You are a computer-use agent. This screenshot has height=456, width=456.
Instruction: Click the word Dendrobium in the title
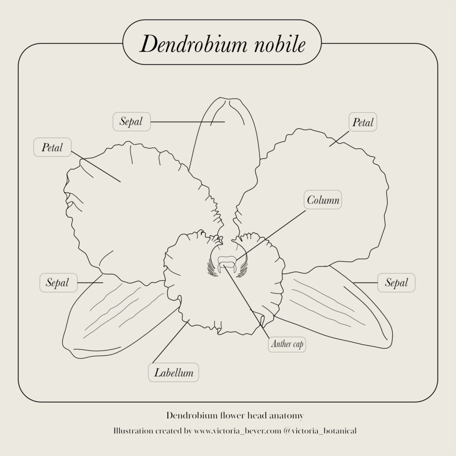(193, 44)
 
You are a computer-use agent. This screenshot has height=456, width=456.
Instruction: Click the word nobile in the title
(280, 44)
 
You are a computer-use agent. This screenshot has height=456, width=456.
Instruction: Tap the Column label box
(323, 200)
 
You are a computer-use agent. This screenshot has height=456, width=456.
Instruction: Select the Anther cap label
(287, 344)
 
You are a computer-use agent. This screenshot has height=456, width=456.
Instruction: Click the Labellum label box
(174, 373)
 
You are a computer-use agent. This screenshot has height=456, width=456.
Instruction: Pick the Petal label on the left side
(53, 147)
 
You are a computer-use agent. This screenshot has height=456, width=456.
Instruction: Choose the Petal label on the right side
(363, 122)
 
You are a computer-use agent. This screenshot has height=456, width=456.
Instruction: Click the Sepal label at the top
(132, 122)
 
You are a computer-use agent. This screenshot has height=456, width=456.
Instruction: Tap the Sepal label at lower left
(58, 282)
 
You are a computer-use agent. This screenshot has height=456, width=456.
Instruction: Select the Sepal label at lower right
(396, 282)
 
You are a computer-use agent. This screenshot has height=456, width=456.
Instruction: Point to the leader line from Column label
(270, 235)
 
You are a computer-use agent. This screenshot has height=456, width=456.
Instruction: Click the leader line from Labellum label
(171, 342)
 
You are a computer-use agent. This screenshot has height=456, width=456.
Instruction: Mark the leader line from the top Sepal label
(187, 122)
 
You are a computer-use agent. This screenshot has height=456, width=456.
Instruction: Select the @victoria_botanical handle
(320, 431)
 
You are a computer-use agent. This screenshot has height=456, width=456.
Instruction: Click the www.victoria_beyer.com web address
(238, 431)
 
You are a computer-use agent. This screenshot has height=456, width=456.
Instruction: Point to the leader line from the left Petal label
(96, 167)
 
